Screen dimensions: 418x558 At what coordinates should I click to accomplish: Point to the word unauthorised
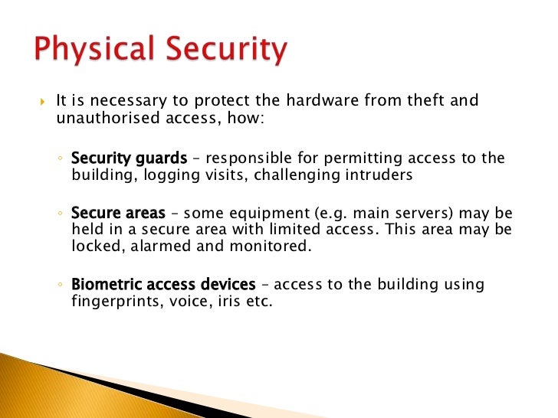103,118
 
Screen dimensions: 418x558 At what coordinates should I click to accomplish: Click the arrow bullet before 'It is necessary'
42,102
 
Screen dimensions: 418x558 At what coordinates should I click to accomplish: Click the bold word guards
159,158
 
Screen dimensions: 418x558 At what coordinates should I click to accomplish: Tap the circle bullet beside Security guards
61,159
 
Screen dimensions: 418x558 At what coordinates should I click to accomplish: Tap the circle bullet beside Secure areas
61,214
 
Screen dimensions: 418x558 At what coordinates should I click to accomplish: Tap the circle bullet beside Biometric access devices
61,286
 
